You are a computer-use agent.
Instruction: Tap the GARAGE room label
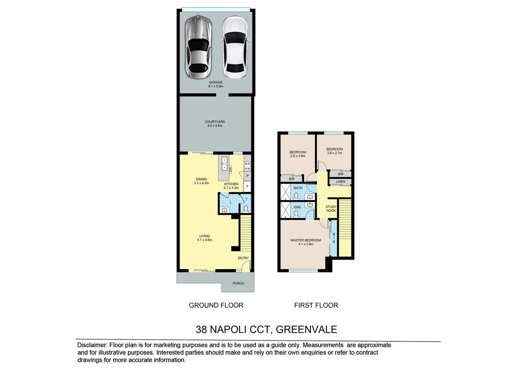tap(215, 83)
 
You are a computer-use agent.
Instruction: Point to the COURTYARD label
tap(215, 122)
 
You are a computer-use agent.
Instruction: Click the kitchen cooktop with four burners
tap(247, 166)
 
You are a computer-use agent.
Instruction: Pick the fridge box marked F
tap(247, 186)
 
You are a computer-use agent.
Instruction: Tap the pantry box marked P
tap(247, 176)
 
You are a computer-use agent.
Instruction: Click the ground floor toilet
tap(246, 209)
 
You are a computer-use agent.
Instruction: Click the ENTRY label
tap(243, 258)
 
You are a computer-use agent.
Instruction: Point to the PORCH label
tap(238, 283)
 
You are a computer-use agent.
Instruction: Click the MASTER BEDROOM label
tap(306, 240)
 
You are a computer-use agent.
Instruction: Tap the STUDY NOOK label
tap(331, 209)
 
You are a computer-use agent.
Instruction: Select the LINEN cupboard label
tap(341, 182)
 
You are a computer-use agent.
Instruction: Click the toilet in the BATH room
tap(296, 197)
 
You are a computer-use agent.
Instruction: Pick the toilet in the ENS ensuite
tap(296, 214)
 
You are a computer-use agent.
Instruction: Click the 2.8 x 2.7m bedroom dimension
tap(334, 153)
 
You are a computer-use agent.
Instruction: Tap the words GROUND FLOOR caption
tap(216, 305)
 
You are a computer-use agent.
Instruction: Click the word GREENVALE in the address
tap(306, 329)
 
